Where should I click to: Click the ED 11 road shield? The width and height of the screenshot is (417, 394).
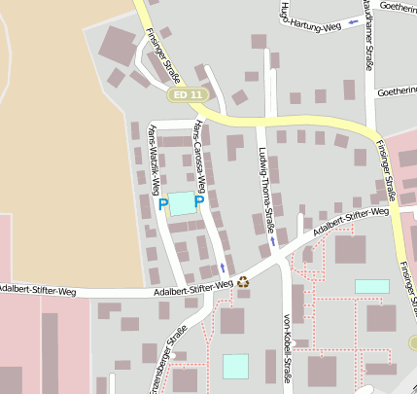[188, 94]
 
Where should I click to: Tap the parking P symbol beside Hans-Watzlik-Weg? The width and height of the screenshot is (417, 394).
[162, 203]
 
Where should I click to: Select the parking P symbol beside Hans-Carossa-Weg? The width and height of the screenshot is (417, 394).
[198, 202]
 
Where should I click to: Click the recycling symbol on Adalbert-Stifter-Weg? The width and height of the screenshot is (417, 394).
[242, 282]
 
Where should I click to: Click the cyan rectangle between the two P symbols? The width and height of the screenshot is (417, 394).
[182, 204]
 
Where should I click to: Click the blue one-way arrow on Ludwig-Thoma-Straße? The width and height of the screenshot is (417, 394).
[273, 239]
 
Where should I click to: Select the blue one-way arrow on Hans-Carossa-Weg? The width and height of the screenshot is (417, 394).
[225, 266]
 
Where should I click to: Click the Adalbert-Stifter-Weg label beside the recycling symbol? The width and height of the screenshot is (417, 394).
[193, 287]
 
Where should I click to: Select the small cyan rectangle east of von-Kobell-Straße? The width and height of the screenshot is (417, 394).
[371, 286]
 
